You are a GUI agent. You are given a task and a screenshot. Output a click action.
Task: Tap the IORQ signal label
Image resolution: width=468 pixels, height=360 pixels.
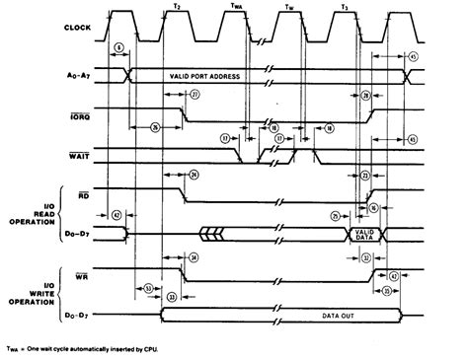84,109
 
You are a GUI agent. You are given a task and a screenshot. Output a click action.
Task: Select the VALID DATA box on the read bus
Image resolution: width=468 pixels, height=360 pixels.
361,233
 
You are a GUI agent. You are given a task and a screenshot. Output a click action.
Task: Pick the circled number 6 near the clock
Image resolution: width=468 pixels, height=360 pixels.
119,46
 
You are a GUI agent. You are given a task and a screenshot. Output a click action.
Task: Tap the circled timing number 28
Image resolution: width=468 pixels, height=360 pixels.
365,95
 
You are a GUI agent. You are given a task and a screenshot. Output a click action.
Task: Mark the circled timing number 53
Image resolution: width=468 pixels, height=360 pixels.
148,288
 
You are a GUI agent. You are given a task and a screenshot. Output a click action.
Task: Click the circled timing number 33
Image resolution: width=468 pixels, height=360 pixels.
173,296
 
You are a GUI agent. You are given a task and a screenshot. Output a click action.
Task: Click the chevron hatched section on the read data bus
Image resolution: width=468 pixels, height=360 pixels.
211,233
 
